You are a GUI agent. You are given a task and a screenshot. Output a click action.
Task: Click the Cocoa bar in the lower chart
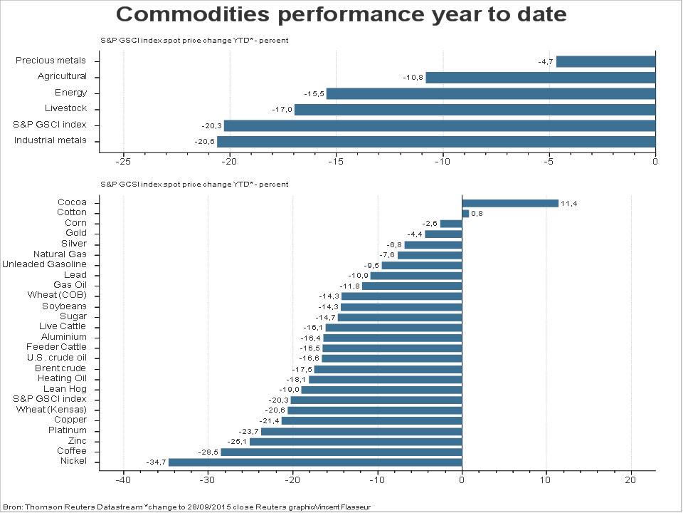click(x=510, y=203)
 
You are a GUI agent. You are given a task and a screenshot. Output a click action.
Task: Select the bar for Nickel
click(x=315, y=462)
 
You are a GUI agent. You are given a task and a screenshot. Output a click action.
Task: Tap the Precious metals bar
click(x=606, y=61)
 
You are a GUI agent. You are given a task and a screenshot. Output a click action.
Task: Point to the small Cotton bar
click(x=465, y=214)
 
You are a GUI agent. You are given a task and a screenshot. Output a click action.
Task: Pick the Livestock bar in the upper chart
click(x=475, y=110)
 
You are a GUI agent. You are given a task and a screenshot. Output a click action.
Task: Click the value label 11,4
click(x=569, y=204)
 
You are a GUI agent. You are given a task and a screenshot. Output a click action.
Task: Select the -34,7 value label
click(x=157, y=462)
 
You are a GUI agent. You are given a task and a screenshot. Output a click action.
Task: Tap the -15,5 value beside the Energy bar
click(x=314, y=94)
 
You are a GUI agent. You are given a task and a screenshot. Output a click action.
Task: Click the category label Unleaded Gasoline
click(x=44, y=264)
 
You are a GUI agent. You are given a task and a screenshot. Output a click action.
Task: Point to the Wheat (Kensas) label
click(x=51, y=410)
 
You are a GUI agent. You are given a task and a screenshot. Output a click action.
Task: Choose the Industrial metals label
click(x=50, y=140)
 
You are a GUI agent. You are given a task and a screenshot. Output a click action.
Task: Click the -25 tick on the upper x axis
click(x=123, y=162)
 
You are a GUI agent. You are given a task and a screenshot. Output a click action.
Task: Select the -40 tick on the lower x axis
click(x=123, y=480)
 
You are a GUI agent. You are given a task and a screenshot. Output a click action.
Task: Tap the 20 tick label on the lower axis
click(x=631, y=480)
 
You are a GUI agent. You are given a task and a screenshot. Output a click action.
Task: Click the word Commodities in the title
click(x=193, y=14)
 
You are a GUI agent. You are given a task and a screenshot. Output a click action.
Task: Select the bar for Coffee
click(x=341, y=452)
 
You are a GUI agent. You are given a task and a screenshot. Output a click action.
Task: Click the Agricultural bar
click(x=541, y=78)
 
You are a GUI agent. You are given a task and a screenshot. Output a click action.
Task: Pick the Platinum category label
click(x=68, y=430)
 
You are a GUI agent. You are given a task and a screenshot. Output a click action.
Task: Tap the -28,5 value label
click(x=208, y=452)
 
